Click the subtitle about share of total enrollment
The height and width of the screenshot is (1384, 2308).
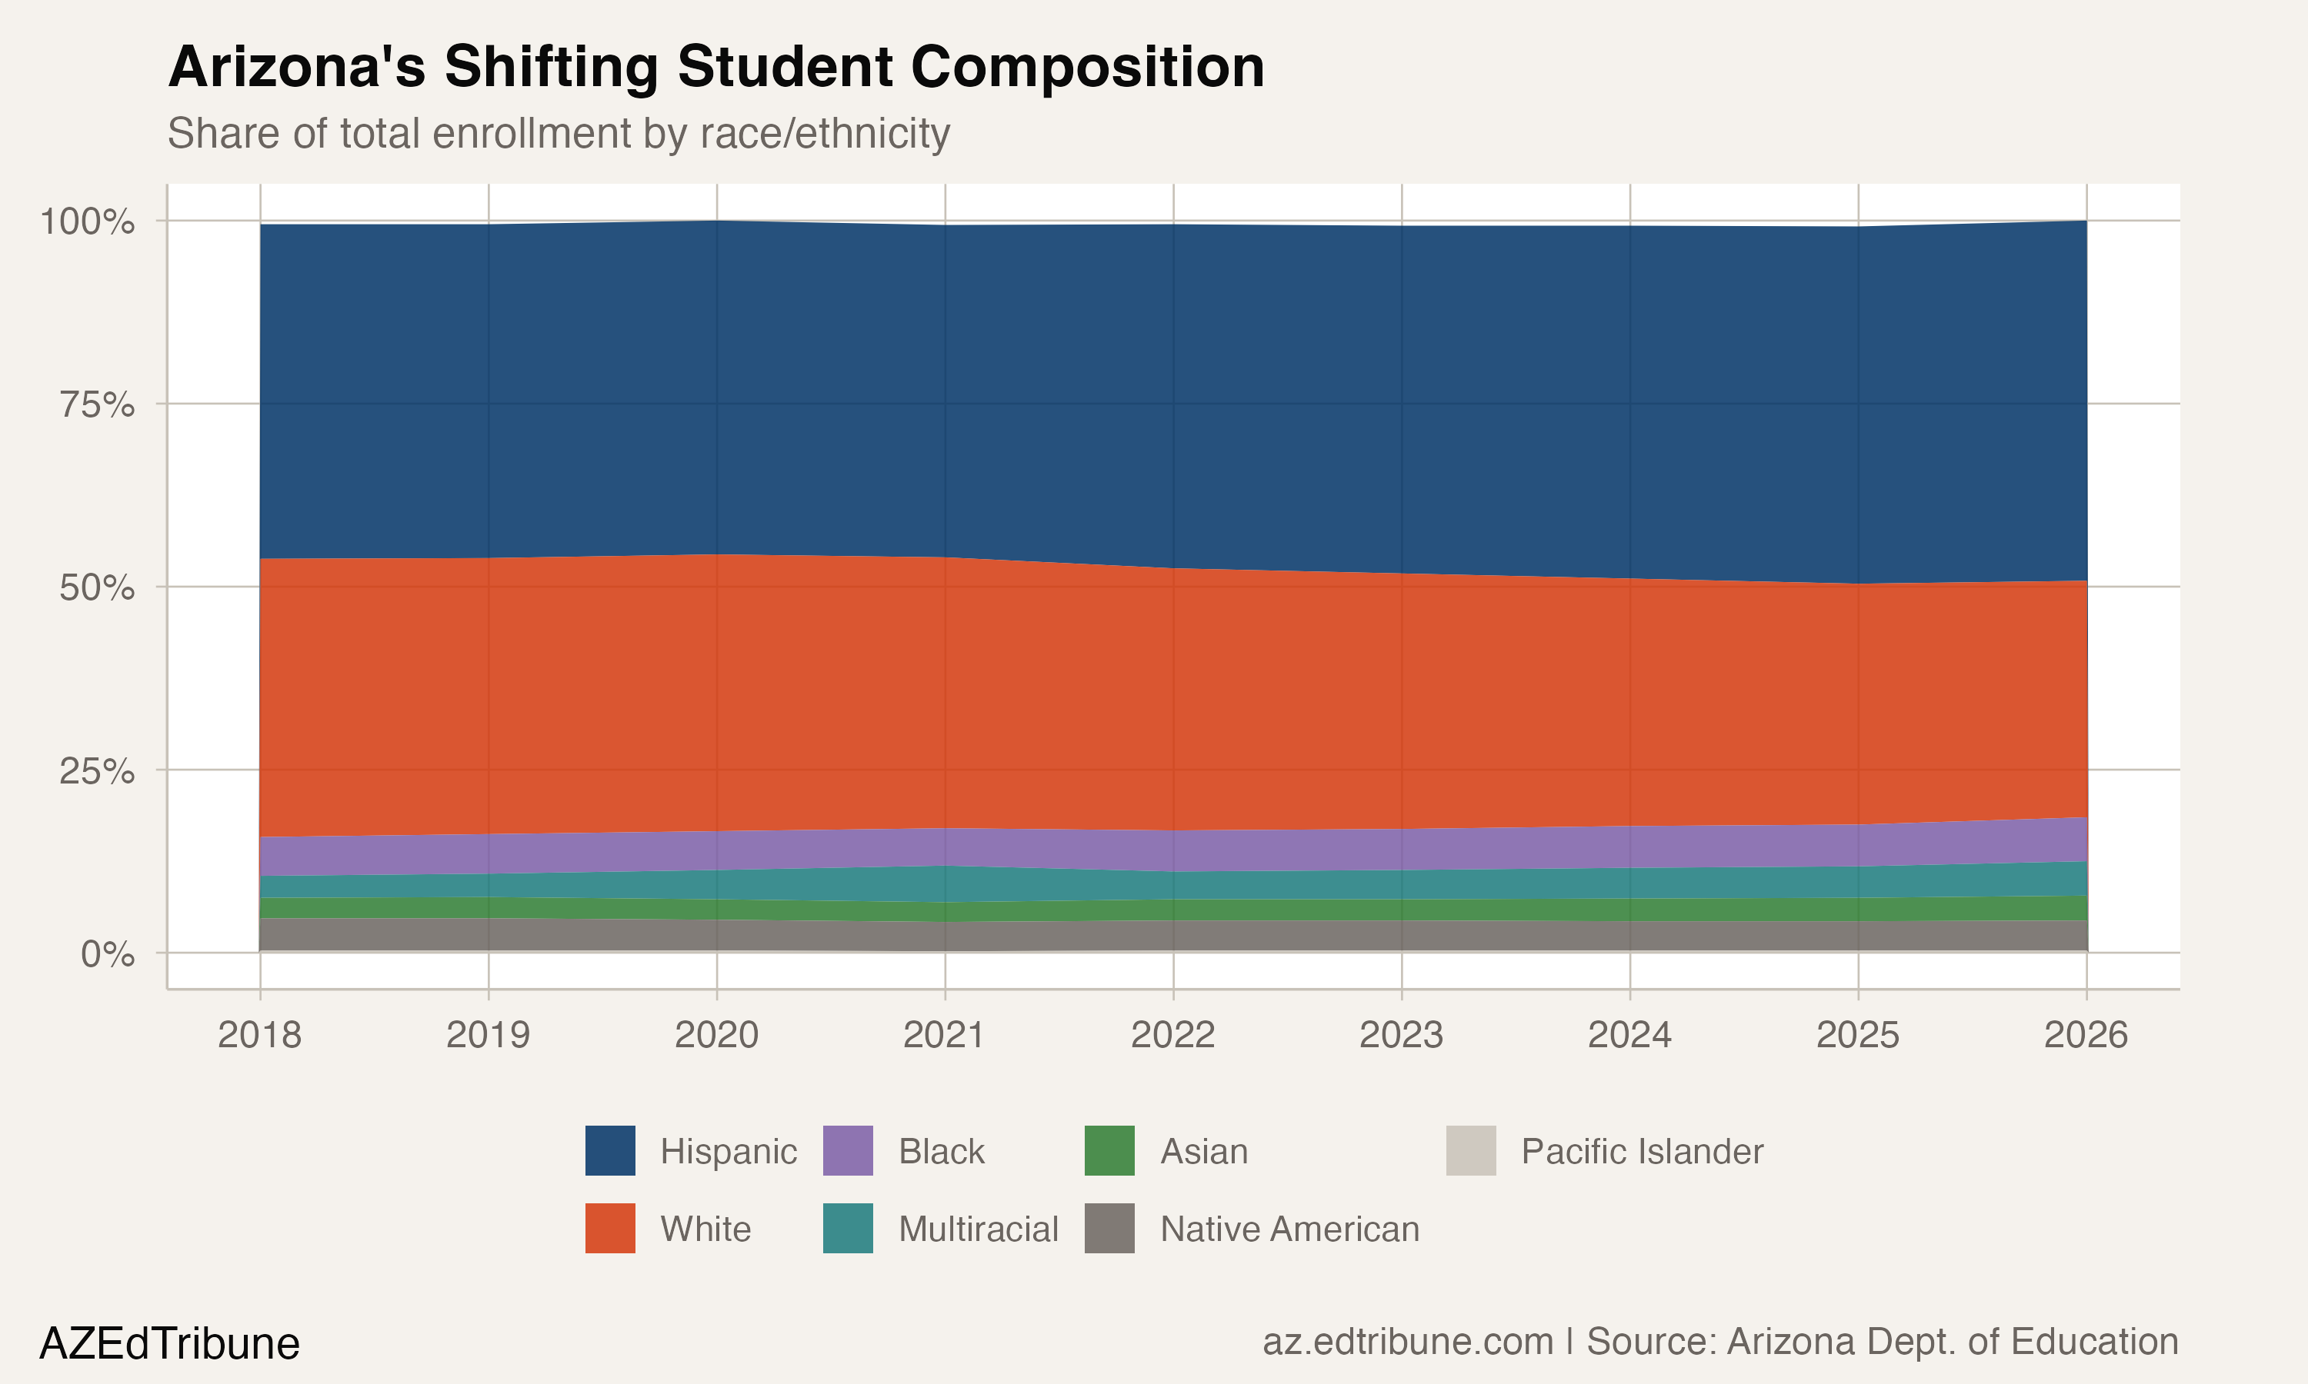(558, 133)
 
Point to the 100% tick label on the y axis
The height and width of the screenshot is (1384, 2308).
(87, 222)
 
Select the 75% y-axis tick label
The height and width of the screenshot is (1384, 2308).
(96, 404)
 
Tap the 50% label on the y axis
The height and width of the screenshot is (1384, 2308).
(96, 587)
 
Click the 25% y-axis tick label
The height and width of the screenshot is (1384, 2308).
(96, 771)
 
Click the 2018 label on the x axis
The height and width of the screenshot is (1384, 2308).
(259, 1035)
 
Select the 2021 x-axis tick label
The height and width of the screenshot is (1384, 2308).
(944, 1035)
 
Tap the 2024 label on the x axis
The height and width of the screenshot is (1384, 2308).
(1629, 1035)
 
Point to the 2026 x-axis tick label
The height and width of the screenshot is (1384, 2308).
(2085, 1035)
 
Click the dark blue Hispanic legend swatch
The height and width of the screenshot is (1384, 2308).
(610, 1151)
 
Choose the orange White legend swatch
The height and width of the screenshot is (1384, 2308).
(610, 1228)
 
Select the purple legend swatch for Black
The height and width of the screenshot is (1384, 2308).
(848, 1151)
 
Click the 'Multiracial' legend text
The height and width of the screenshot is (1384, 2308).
(978, 1229)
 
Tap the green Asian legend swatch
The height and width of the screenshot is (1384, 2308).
(1109, 1151)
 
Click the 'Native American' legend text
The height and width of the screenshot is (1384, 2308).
(1289, 1229)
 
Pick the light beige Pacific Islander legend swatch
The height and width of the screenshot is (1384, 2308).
(1470, 1151)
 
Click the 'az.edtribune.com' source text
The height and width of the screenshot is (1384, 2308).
(1408, 1342)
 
